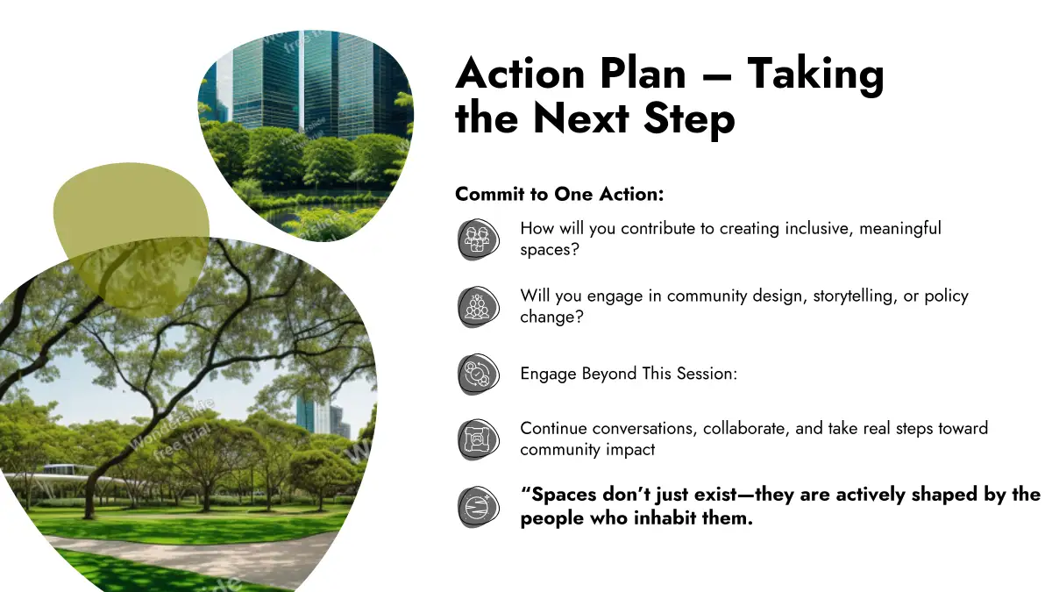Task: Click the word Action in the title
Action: [x=520, y=74]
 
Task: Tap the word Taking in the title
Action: [x=815, y=76]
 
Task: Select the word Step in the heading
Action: [x=689, y=119]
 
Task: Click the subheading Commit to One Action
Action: [x=559, y=194]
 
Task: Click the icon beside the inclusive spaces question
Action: [x=478, y=239]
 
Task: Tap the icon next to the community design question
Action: [x=478, y=307]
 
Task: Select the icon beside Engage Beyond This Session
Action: [x=478, y=374]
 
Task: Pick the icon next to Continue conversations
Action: [x=478, y=439]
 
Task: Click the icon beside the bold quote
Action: [x=478, y=507]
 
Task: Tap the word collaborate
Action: [x=746, y=429]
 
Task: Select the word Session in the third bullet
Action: [x=701, y=374]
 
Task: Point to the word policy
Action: [x=946, y=297]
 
